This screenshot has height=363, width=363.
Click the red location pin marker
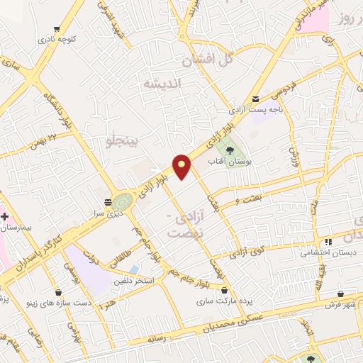pos(182,166)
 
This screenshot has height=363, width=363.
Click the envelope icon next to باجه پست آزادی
pos(255,99)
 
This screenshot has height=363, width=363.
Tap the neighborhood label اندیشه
pos(163,84)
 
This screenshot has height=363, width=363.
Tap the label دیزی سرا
pos(110,212)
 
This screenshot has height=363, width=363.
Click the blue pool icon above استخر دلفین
pos(134,269)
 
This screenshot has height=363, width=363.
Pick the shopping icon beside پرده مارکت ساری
pos(225,290)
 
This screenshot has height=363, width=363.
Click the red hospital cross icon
pos(4,215)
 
